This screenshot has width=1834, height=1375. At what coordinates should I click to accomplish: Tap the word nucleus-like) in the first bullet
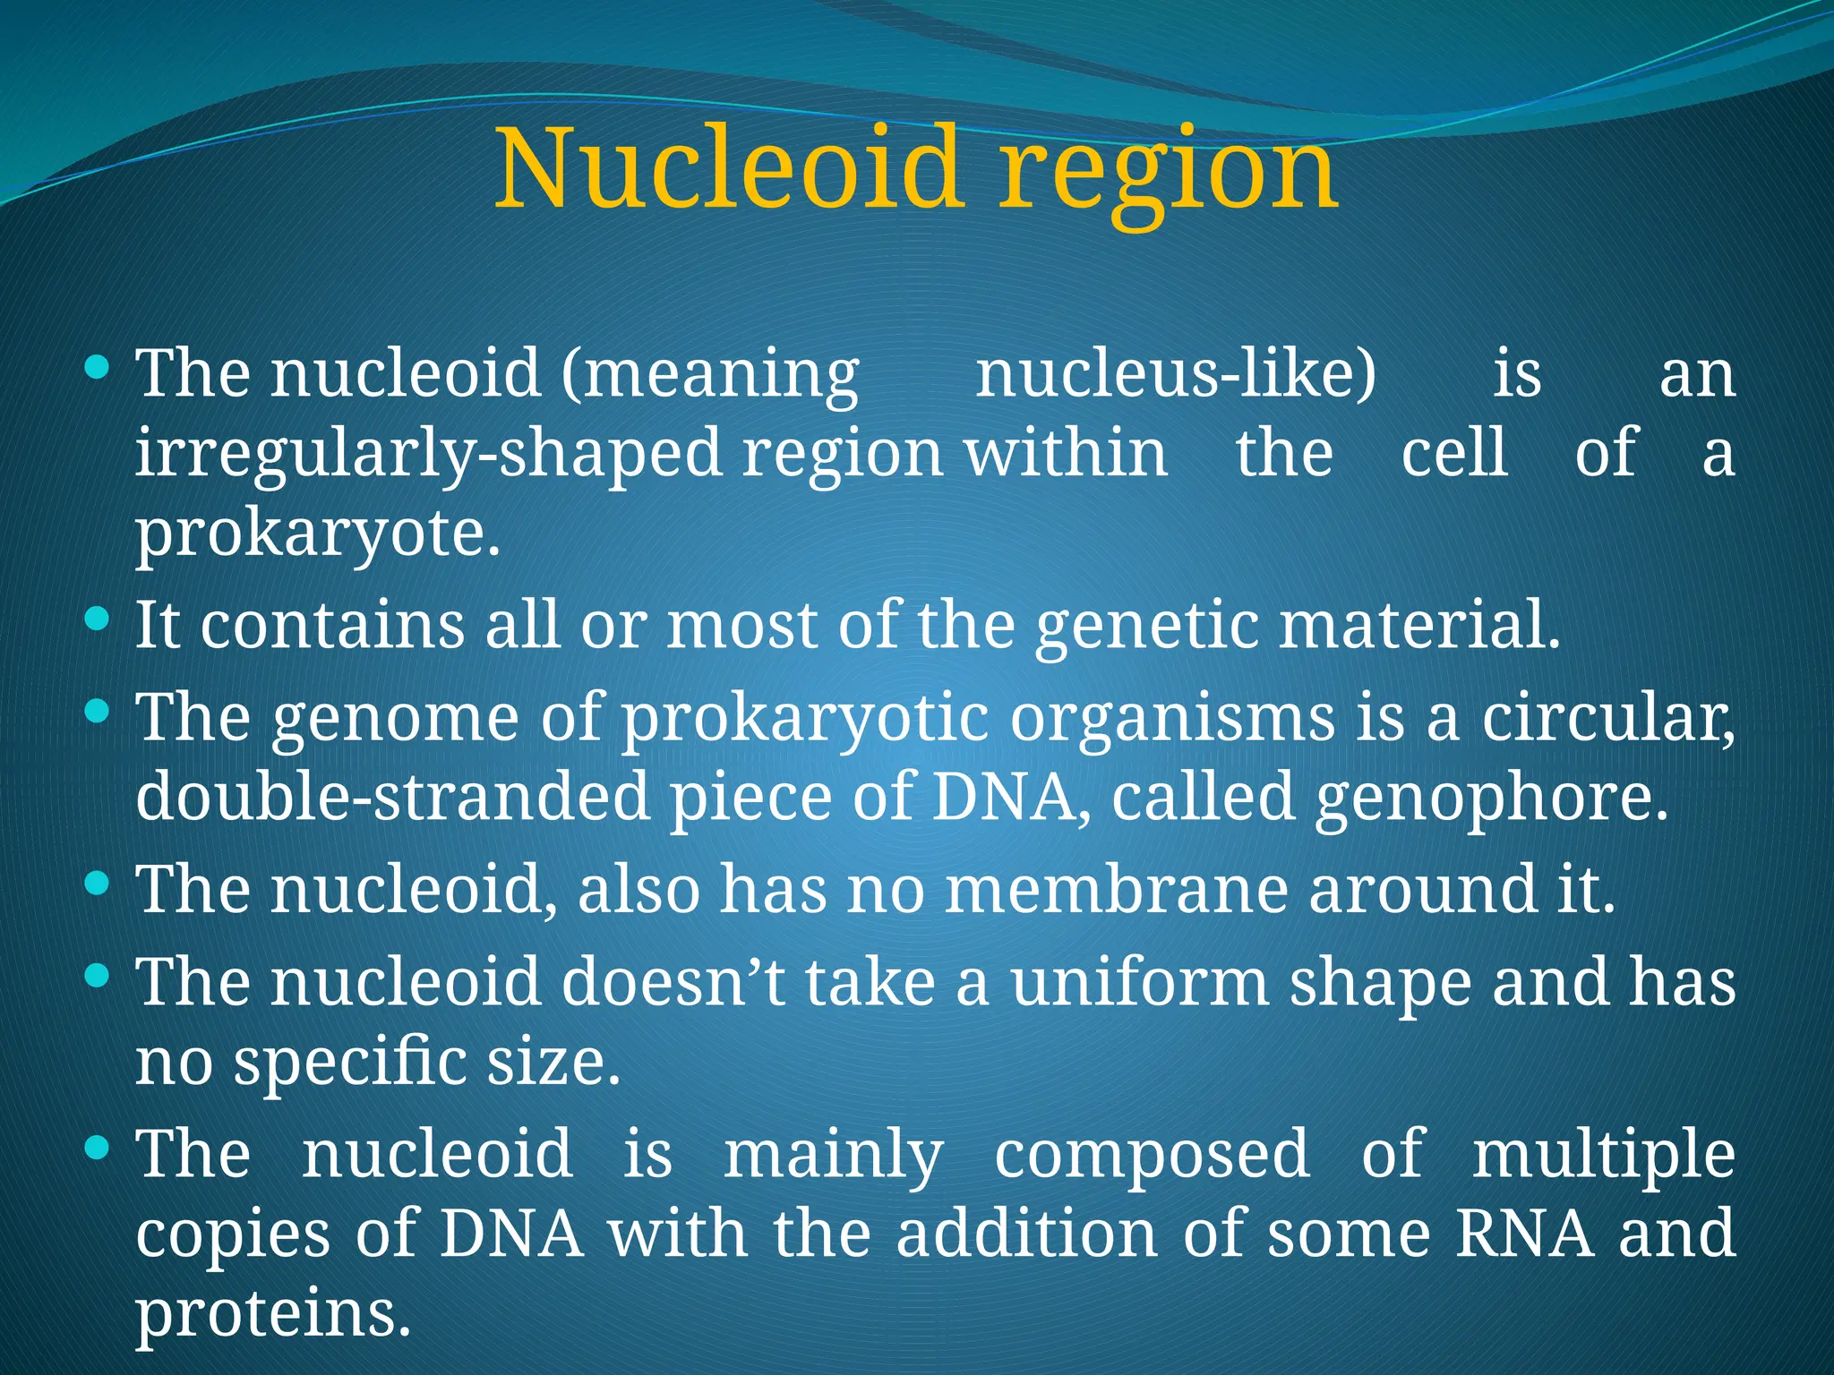[1176, 373]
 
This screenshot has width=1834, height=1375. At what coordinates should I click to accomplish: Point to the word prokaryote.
[317, 534]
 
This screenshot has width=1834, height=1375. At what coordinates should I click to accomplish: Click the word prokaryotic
[805, 720]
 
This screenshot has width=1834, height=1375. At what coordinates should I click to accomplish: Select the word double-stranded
[392, 797]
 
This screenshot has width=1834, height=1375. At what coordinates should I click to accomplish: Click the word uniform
[1140, 982]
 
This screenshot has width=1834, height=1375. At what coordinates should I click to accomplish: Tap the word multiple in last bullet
[1603, 1154]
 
